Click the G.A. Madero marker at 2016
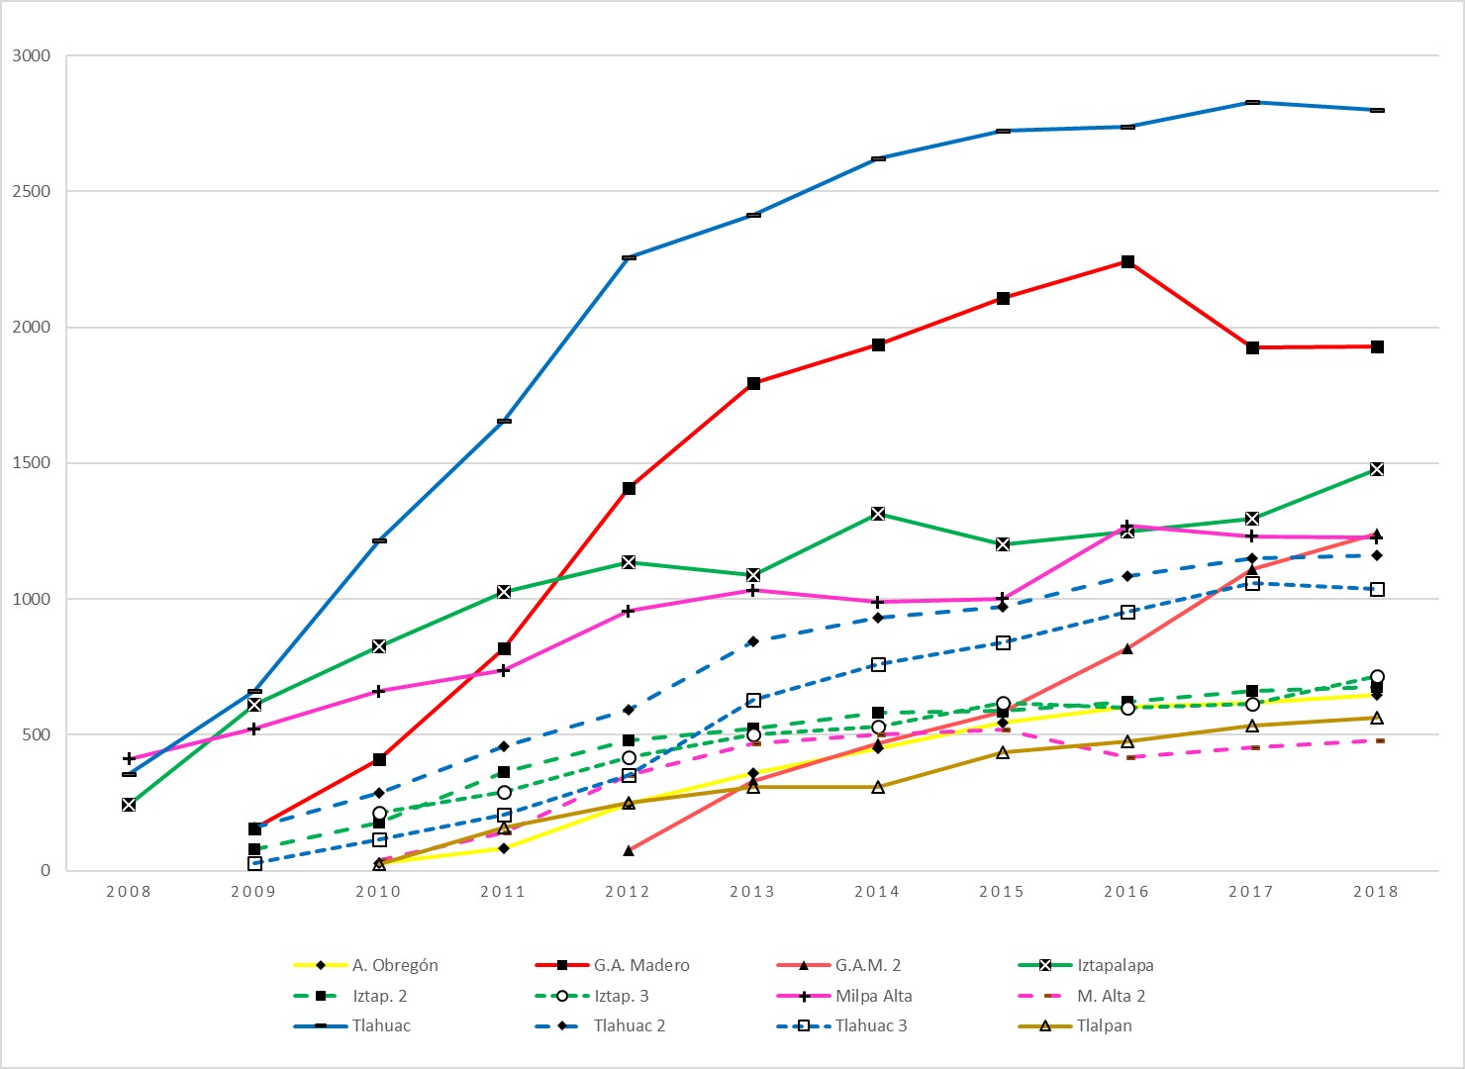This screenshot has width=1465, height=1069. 1127,261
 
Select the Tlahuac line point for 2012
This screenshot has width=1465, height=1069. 629,257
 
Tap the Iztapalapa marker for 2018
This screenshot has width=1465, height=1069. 1377,469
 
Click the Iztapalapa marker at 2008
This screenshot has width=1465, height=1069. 129,805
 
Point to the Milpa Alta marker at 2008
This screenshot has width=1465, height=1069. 129,759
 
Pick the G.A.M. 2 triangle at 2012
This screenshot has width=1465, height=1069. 629,850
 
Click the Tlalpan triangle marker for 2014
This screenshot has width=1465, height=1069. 878,787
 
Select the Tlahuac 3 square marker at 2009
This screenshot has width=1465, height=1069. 254,863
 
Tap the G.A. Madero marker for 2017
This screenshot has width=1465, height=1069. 1252,347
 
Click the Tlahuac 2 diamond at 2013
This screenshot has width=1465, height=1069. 753,641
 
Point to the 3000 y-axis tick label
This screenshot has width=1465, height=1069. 32,55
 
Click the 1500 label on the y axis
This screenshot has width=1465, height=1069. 32,463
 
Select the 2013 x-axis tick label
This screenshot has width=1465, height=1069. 753,892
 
